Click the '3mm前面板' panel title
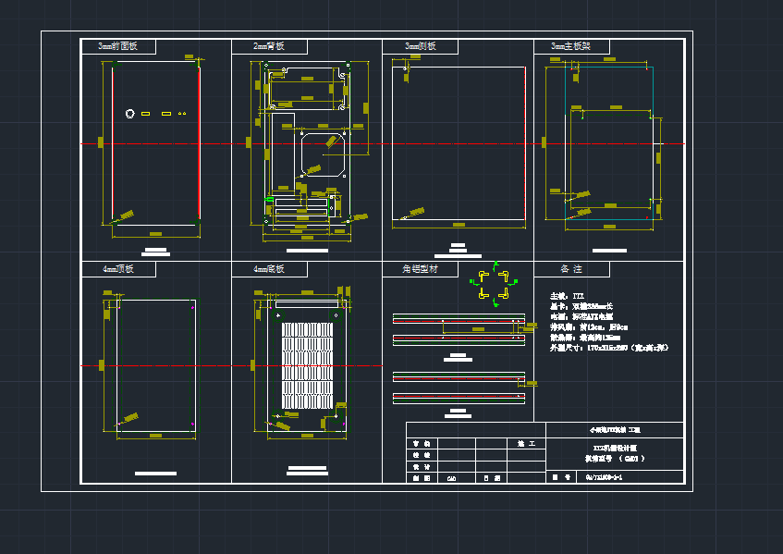coord(117,46)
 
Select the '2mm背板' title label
coord(269,46)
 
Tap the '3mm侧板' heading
coord(420,46)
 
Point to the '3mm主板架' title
coord(570,46)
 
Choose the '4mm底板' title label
coord(269,269)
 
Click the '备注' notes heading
coord(570,269)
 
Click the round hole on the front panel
coord(130,113)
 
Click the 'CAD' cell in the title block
coord(452,478)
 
